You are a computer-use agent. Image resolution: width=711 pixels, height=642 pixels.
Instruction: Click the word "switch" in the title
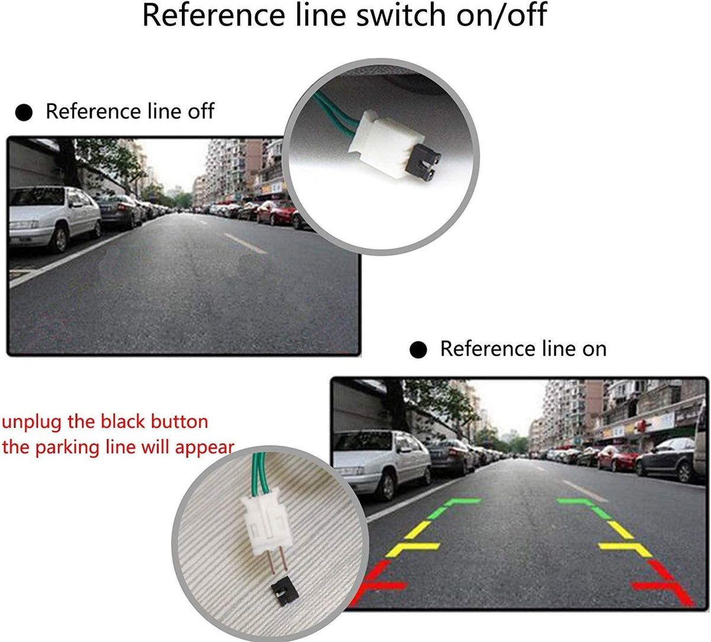[x=401, y=15]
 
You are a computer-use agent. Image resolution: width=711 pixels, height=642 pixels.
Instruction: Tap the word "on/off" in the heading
[x=501, y=15]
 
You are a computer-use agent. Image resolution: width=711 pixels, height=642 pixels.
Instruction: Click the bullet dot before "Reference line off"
[x=24, y=113]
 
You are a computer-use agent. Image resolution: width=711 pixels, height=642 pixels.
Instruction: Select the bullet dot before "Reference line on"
[x=418, y=350]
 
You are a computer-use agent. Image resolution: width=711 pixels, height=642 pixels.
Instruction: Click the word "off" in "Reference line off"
[x=201, y=111]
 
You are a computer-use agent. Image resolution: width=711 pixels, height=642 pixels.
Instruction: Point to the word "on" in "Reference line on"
[x=594, y=349]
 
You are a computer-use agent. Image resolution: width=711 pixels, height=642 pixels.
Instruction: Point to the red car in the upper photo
[x=276, y=212]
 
